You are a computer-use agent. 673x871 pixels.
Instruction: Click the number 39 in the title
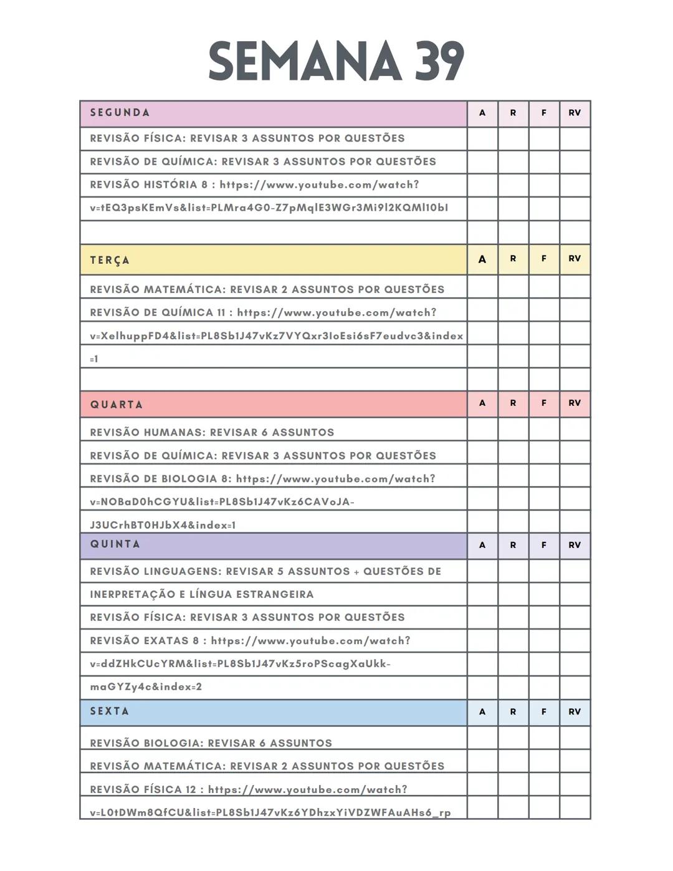click(x=439, y=61)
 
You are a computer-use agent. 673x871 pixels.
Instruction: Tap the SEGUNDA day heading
click(x=120, y=113)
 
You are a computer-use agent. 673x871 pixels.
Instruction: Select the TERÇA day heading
click(x=110, y=260)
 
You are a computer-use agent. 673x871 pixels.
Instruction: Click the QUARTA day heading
click(x=117, y=405)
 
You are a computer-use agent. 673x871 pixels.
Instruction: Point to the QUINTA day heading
click(x=115, y=544)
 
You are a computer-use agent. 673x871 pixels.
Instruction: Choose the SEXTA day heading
click(x=110, y=711)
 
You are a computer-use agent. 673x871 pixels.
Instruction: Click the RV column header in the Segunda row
click(x=575, y=113)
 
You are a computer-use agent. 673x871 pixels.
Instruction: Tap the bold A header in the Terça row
click(x=482, y=259)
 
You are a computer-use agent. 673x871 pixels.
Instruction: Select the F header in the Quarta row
click(x=544, y=403)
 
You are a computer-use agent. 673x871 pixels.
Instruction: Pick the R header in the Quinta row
click(x=513, y=546)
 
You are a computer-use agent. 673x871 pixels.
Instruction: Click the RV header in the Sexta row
click(x=575, y=712)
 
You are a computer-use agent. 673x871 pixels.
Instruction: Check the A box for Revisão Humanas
click(x=482, y=430)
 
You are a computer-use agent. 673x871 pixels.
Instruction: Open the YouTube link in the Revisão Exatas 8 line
click(x=310, y=641)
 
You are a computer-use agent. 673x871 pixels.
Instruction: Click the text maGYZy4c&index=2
click(x=146, y=687)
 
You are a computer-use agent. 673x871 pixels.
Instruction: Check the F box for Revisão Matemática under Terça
click(x=544, y=287)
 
